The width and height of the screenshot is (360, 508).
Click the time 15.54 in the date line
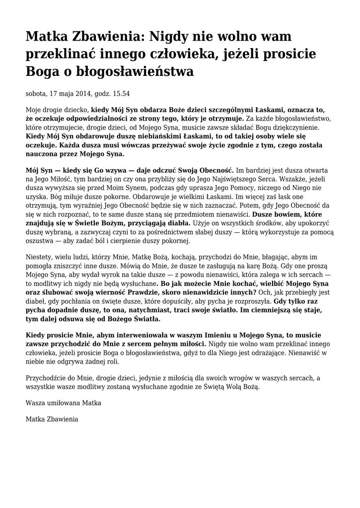(x=120, y=93)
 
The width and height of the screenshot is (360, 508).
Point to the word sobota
(x=36, y=93)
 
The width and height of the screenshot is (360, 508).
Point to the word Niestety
(x=38, y=257)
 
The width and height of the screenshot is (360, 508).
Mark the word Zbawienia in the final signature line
(x=62, y=420)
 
